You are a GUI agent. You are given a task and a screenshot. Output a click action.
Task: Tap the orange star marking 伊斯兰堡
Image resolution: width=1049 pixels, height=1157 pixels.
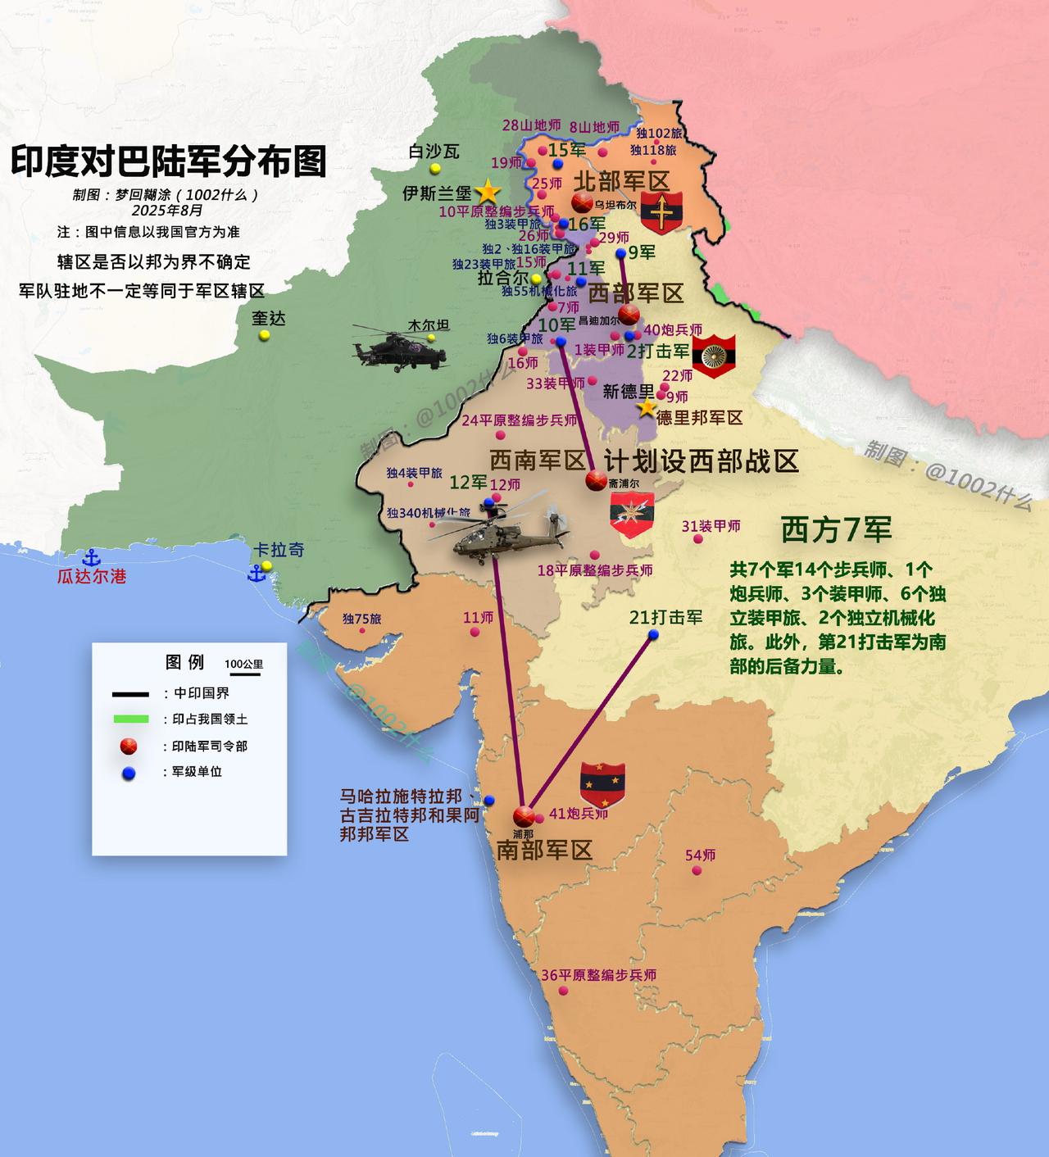tap(488, 192)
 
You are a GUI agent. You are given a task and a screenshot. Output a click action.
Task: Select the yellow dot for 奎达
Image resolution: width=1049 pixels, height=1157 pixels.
tap(264, 336)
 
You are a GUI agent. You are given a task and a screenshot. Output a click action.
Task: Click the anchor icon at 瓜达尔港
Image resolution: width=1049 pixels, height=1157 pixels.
tap(92, 559)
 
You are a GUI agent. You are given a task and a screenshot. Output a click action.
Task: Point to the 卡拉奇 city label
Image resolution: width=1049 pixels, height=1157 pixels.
tap(279, 549)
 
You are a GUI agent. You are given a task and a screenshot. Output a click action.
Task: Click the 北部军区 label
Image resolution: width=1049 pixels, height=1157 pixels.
tap(621, 181)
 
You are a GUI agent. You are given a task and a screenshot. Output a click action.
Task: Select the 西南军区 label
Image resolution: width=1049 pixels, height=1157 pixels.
tap(538, 460)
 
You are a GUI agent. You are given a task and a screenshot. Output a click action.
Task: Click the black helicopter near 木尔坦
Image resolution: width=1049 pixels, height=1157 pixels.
tap(400, 349)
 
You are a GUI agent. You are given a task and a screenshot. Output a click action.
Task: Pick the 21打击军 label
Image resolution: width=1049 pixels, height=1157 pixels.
tap(666, 617)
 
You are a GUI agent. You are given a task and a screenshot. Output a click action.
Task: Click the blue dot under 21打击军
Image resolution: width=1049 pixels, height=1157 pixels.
tap(655, 635)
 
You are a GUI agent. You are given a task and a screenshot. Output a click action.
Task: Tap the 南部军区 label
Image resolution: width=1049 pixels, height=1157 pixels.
tap(544, 850)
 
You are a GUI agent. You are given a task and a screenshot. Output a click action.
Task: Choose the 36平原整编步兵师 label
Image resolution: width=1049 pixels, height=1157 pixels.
tap(599, 975)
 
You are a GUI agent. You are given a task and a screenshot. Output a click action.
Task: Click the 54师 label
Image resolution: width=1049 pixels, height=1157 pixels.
tap(701, 855)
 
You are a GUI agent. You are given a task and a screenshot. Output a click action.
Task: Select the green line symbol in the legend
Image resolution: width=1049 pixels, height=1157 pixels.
tap(130, 719)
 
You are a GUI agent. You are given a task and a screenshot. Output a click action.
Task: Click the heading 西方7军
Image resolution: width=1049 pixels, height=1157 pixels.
tap(836, 529)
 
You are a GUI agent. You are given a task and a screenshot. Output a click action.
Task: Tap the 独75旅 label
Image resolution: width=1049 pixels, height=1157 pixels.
tap(361, 619)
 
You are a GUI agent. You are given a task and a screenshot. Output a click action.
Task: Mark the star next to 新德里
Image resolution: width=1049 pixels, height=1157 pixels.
tap(647, 407)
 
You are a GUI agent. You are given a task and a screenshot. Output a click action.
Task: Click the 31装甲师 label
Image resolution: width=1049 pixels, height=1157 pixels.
tap(711, 525)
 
